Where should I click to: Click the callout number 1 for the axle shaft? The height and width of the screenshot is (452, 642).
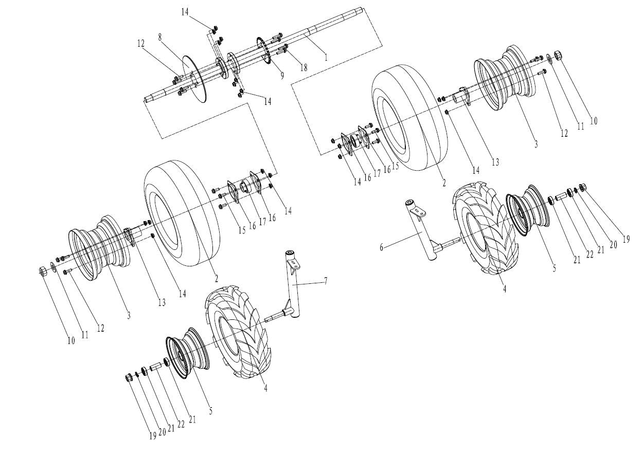point(326,57)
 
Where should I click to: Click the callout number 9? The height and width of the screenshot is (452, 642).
point(282,75)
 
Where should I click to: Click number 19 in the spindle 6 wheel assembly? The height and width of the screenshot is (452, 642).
point(627,239)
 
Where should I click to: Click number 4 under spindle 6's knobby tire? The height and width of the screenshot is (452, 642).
point(505,289)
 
